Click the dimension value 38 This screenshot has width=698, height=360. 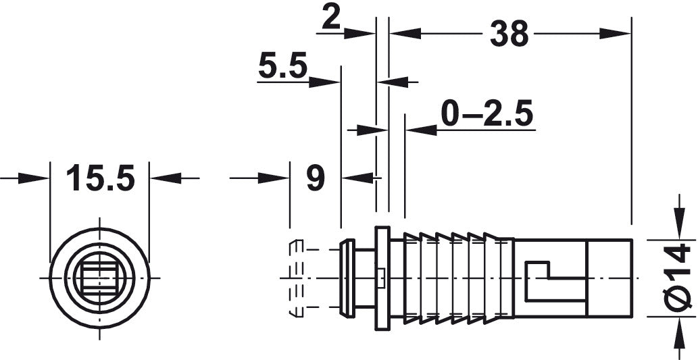coord(509,34)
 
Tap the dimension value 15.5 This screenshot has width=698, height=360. coord(100,178)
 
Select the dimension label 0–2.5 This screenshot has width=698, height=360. coord(487,113)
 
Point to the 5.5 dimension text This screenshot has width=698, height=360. coord(282,67)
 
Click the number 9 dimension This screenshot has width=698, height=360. coord(316,178)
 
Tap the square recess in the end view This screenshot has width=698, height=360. coord(99,278)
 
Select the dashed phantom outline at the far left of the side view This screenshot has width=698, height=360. coord(296,278)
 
